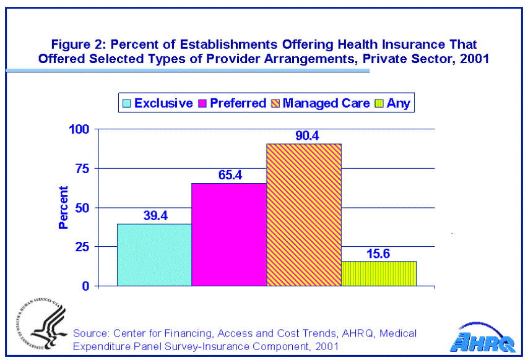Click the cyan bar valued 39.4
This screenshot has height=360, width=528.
click(x=154, y=255)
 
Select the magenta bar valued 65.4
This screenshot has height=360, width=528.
click(x=229, y=234)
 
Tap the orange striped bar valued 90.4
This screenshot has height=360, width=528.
click(x=304, y=215)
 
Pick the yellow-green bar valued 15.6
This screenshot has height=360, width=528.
click(x=379, y=273)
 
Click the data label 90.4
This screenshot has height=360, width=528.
click(x=304, y=135)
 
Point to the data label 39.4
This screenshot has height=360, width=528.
click(x=154, y=215)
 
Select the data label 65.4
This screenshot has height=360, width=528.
click(x=229, y=175)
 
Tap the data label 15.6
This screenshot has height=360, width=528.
click(x=379, y=252)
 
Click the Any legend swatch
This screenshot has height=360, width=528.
click(x=378, y=103)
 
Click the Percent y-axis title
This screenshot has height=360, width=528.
click(x=63, y=207)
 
